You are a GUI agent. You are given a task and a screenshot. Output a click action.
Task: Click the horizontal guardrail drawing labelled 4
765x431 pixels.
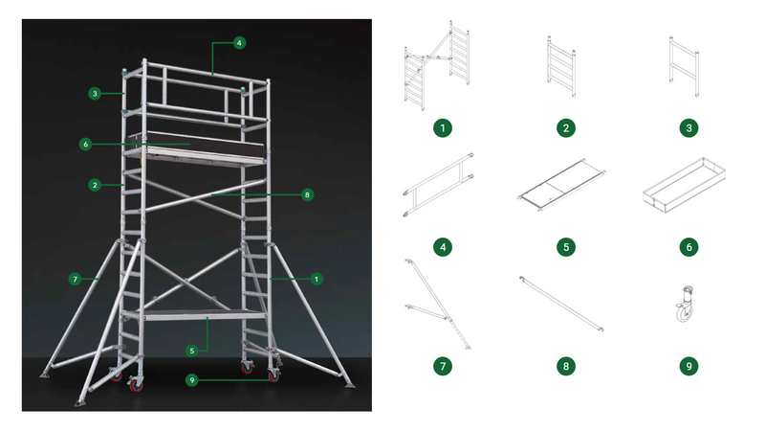tap(441, 185)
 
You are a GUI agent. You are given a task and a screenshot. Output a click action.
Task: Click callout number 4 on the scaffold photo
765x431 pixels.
tap(239, 42)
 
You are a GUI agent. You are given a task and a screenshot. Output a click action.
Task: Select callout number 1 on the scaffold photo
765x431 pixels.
tap(316, 279)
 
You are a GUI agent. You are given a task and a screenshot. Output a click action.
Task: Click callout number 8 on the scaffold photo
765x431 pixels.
tap(307, 194)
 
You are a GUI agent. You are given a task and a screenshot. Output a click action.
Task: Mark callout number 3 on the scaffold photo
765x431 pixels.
tap(94, 94)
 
